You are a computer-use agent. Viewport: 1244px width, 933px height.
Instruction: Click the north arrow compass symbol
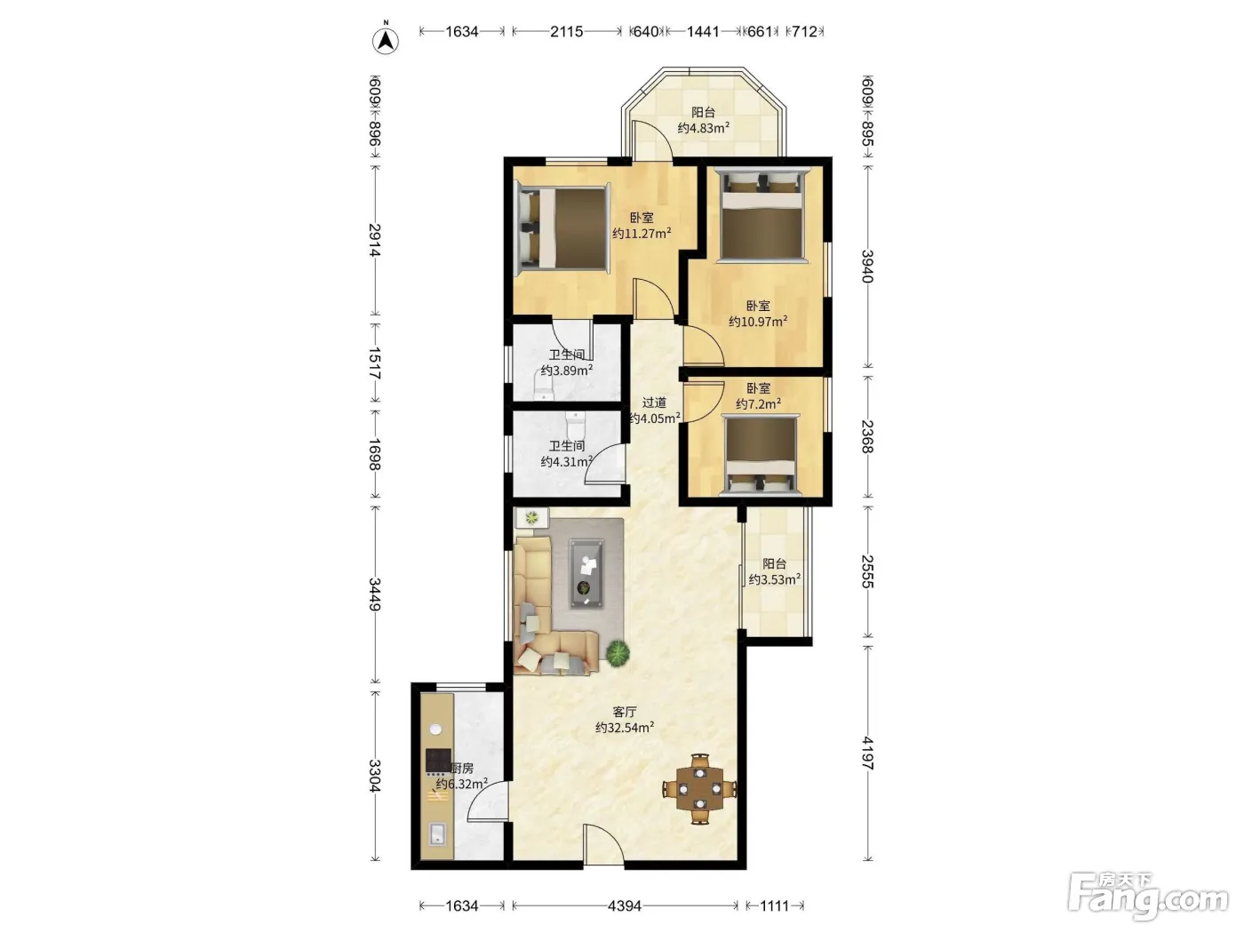pyautogui.click(x=386, y=40)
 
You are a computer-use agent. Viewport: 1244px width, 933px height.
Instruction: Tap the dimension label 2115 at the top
pyautogui.click(x=566, y=32)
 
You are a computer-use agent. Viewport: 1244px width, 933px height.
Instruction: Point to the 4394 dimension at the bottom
pyautogui.click(x=624, y=905)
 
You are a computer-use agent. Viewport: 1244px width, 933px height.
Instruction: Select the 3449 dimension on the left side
pyautogui.click(x=375, y=594)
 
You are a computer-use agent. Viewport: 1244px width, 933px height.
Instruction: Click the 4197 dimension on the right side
pyautogui.click(x=867, y=753)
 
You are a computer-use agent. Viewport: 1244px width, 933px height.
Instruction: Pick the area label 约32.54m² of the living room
pyautogui.click(x=625, y=728)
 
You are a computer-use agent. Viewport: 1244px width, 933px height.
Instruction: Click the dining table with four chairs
pyautogui.click(x=700, y=788)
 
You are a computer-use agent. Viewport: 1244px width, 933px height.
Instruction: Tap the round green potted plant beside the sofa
pyautogui.click(x=618, y=654)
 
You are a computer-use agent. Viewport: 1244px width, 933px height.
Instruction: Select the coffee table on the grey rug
pyautogui.click(x=586, y=573)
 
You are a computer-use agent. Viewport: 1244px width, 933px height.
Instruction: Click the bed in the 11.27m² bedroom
pyautogui.click(x=561, y=227)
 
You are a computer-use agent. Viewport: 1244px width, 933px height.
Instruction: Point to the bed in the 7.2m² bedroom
pyautogui.click(x=760, y=455)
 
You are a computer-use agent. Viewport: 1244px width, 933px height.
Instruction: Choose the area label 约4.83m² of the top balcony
pyautogui.click(x=704, y=128)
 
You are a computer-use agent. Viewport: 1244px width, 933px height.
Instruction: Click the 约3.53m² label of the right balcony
pyautogui.click(x=774, y=579)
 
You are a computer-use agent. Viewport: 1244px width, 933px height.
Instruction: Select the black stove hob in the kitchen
pyautogui.click(x=438, y=762)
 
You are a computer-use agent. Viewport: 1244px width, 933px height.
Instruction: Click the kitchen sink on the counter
pyautogui.click(x=437, y=834)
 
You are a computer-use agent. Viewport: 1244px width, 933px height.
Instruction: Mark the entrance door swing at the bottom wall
pyautogui.click(x=603, y=845)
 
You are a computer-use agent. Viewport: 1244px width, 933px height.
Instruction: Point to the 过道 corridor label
pyautogui.click(x=654, y=403)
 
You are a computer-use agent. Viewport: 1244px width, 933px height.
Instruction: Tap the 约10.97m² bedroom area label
pyautogui.click(x=758, y=322)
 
